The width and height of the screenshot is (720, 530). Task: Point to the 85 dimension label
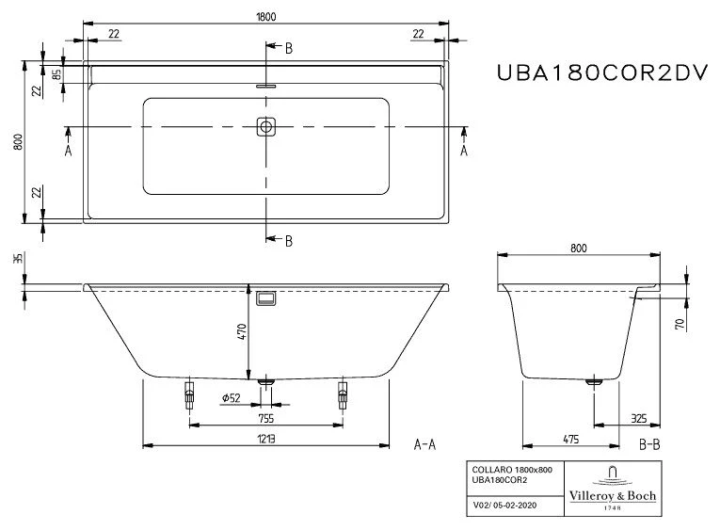point(56,73)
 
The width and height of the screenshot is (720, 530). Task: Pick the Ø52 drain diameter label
point(231,398)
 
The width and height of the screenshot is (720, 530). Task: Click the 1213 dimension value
point(266,438)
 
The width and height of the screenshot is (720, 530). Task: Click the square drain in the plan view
point(266,125)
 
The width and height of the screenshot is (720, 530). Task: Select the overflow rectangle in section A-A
point(266,298)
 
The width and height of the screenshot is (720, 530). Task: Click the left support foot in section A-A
point(189,393)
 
